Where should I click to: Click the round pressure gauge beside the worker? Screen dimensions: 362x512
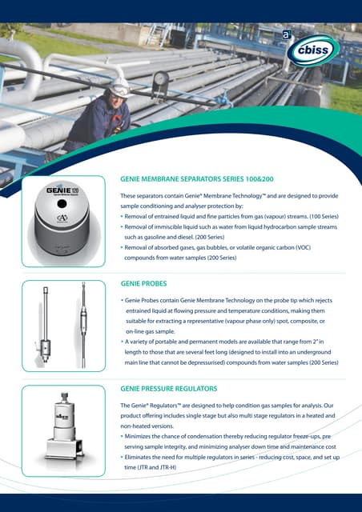click(159, 79)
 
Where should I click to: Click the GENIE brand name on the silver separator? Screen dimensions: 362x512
click(57, 191)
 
